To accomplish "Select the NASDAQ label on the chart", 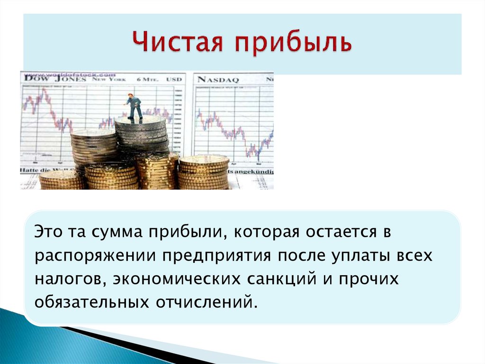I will [218, 79].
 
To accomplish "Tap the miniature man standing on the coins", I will [134, 107].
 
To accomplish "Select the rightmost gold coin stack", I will [204, 172].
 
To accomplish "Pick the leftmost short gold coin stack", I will [61, 180].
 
